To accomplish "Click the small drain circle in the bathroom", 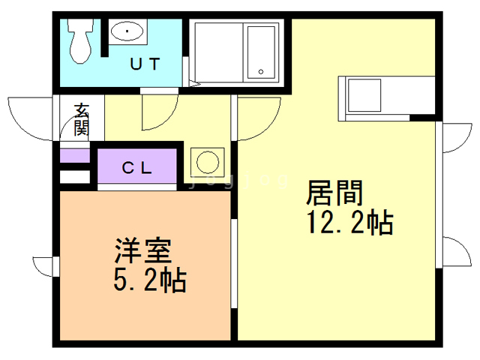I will pyautogui.click(x=261, y=72).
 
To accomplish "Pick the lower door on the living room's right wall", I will pyautogui.click(x=451, y=251).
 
